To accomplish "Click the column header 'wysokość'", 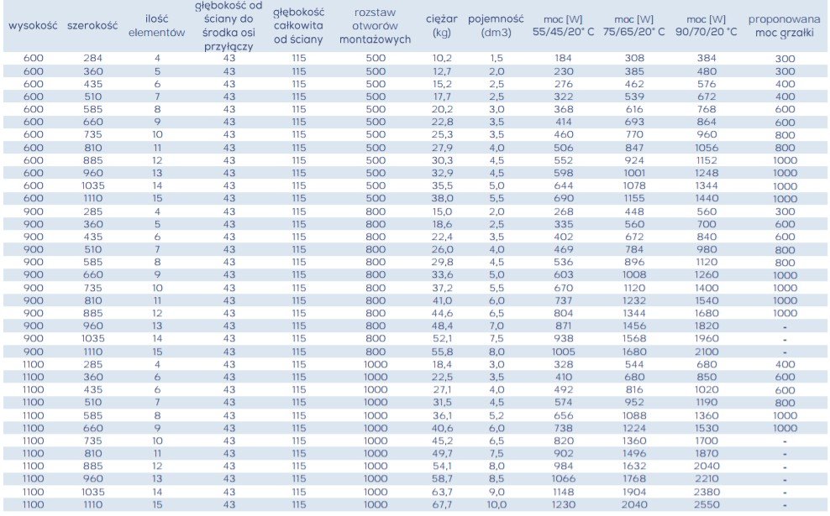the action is coord(33,25).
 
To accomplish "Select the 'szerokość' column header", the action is coord(92,25).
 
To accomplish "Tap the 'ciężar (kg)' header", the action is coord(442,25).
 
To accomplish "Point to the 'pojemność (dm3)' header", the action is coord(496,25).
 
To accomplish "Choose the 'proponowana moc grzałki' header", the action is coord(785,25).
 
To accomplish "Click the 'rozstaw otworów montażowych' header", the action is coord(376,25).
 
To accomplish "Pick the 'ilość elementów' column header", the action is coord(157,25).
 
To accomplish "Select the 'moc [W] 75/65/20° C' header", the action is coord(634,25).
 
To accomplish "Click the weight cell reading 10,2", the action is coord(442,58).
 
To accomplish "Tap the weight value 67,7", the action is coord(442,504).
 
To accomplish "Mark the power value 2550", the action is coord(707,504).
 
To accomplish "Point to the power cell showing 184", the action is coord(563,58).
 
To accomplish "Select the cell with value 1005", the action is coord(563,352).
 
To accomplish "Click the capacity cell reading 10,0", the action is coord(496,504).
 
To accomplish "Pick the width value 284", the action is coord(92,58).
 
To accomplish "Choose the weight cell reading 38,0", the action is coord(442,198).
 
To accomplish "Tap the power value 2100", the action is coord(707,352).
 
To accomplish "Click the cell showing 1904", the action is coord(634,492).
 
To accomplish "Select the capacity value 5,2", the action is coord(496,415).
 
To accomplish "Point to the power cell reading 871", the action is coord(563,326).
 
